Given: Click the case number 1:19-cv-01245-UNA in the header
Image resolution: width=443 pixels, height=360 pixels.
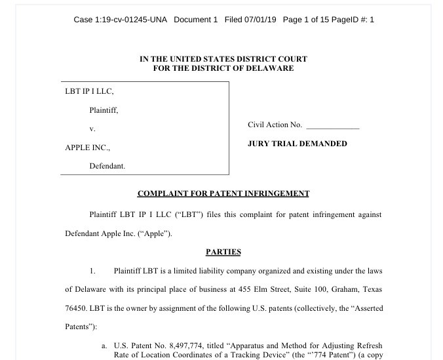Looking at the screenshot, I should tap(130, 20).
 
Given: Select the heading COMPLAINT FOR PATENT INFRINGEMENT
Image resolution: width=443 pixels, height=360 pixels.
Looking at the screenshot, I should tap(223, 194).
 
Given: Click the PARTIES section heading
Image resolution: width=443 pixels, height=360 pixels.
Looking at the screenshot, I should tap(223, 252).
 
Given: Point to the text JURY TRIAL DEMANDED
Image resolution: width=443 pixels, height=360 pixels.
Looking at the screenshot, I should tap(298, 144).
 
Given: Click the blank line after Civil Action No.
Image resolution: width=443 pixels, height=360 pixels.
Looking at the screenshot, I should tap(333, 125).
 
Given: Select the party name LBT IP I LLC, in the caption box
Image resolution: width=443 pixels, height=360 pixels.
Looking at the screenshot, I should tap(89, 91).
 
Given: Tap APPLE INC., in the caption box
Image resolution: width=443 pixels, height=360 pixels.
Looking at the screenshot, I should tap(87, 148).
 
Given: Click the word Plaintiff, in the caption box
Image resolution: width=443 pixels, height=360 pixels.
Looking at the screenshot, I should tap(104, 110).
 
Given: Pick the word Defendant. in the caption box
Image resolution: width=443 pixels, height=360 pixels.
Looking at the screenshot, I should tap(107, 167).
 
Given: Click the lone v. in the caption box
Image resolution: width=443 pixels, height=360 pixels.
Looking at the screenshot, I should tap(92, 129).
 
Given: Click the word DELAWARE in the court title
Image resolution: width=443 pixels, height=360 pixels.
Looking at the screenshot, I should tap(269, 68).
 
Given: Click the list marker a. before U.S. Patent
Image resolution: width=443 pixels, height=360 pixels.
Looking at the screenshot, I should tap(104, 346).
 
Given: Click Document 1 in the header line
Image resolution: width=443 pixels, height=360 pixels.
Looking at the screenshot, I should tap(195, 20).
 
